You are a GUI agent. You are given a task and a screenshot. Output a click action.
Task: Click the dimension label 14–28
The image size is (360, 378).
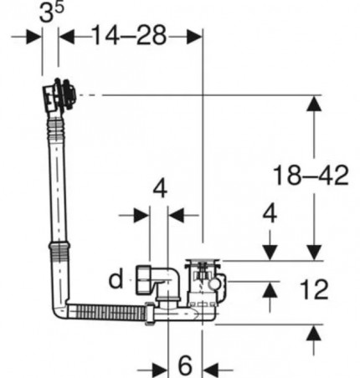(129, 35)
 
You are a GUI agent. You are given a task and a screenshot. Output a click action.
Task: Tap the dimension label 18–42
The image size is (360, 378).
(311, 176)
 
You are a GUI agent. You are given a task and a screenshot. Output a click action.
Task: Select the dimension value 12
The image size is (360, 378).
(314, 289)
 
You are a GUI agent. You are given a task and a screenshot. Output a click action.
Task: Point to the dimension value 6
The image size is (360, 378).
(185, 365)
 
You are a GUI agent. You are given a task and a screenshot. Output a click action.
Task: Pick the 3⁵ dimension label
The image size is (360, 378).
(51, 12)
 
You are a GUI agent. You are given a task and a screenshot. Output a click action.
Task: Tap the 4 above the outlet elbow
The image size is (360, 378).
(160, 189)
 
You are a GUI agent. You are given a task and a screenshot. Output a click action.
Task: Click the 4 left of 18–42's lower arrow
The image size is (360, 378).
(270, 213)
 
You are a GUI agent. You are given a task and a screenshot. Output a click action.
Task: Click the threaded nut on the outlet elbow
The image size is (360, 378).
(143, 280)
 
